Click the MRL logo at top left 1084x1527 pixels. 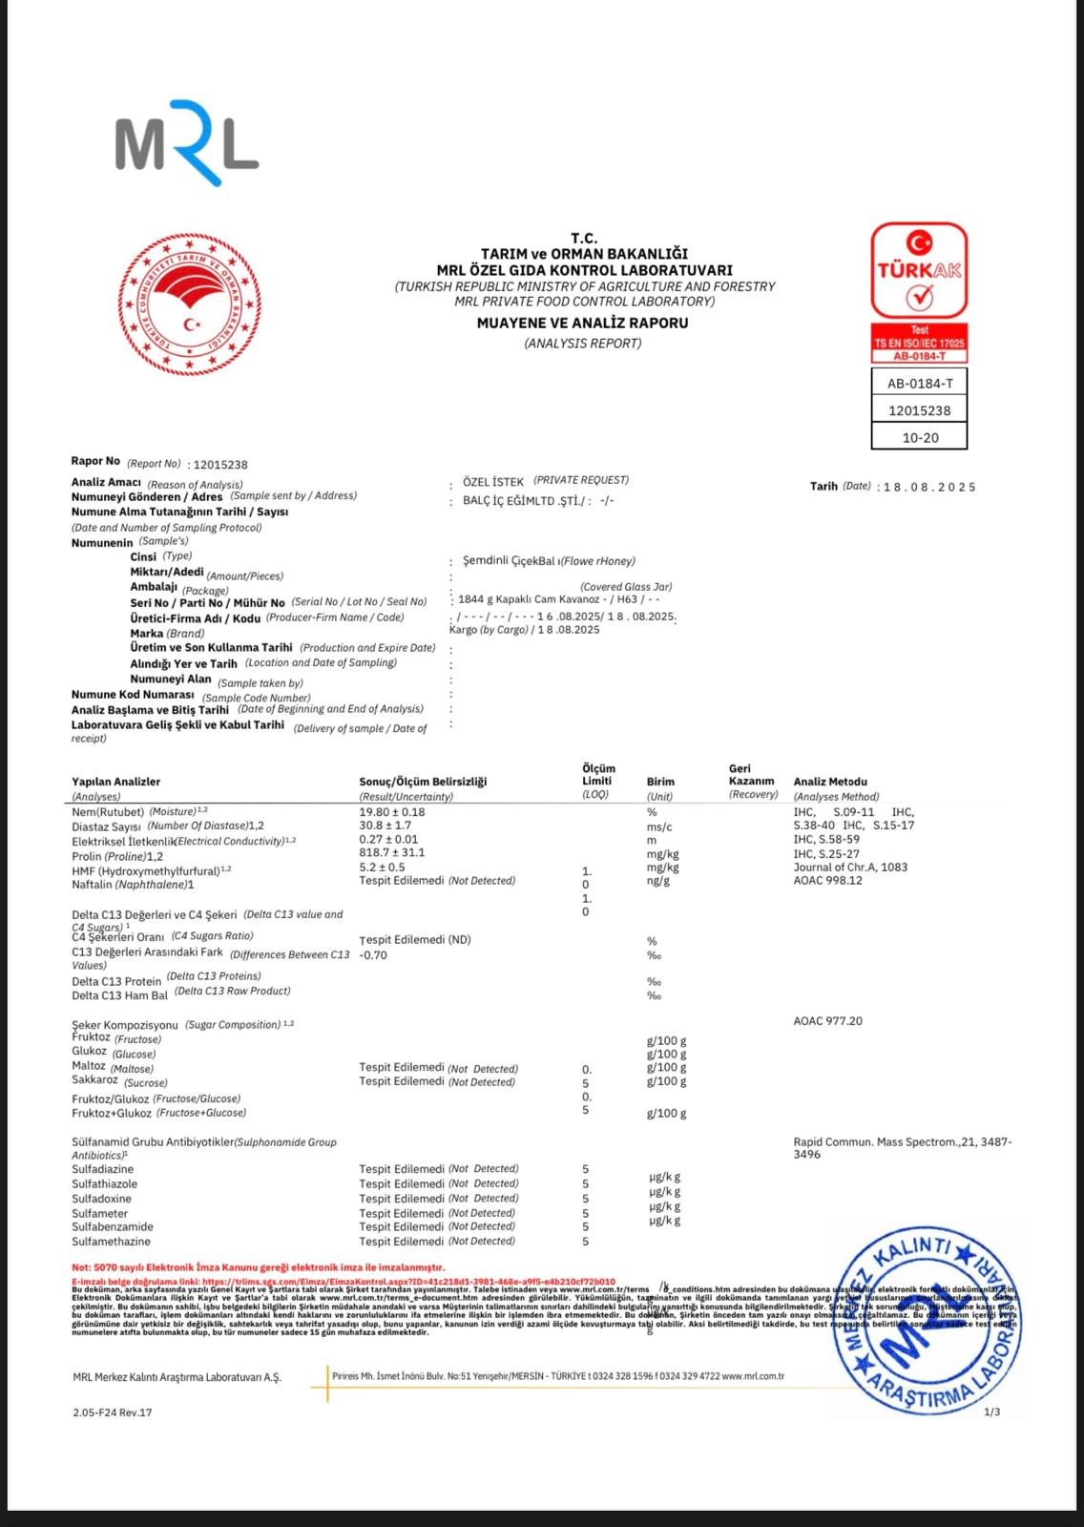click(187, 142)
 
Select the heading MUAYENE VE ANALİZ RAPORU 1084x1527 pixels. click(582, 323)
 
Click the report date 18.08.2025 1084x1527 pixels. click(929, 487)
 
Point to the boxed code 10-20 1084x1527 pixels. click(920, 437)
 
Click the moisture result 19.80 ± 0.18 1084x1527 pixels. click(392, 812)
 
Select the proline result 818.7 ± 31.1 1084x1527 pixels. click(392, 852)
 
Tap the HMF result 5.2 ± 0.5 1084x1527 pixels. click(382, 867)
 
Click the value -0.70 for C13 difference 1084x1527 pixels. click(373, 954)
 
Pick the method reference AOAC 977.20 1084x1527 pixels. click(827, 1021)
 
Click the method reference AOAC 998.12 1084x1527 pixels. click(827, 881)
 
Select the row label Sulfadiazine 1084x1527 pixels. click(103, 1169)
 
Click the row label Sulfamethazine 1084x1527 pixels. click(111, 1242)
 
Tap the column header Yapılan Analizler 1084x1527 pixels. click(115, 782)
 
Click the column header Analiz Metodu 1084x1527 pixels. click(830, 782)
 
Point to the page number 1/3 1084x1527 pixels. click(991, 1412)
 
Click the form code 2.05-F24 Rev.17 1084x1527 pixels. click(112, 1412)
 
